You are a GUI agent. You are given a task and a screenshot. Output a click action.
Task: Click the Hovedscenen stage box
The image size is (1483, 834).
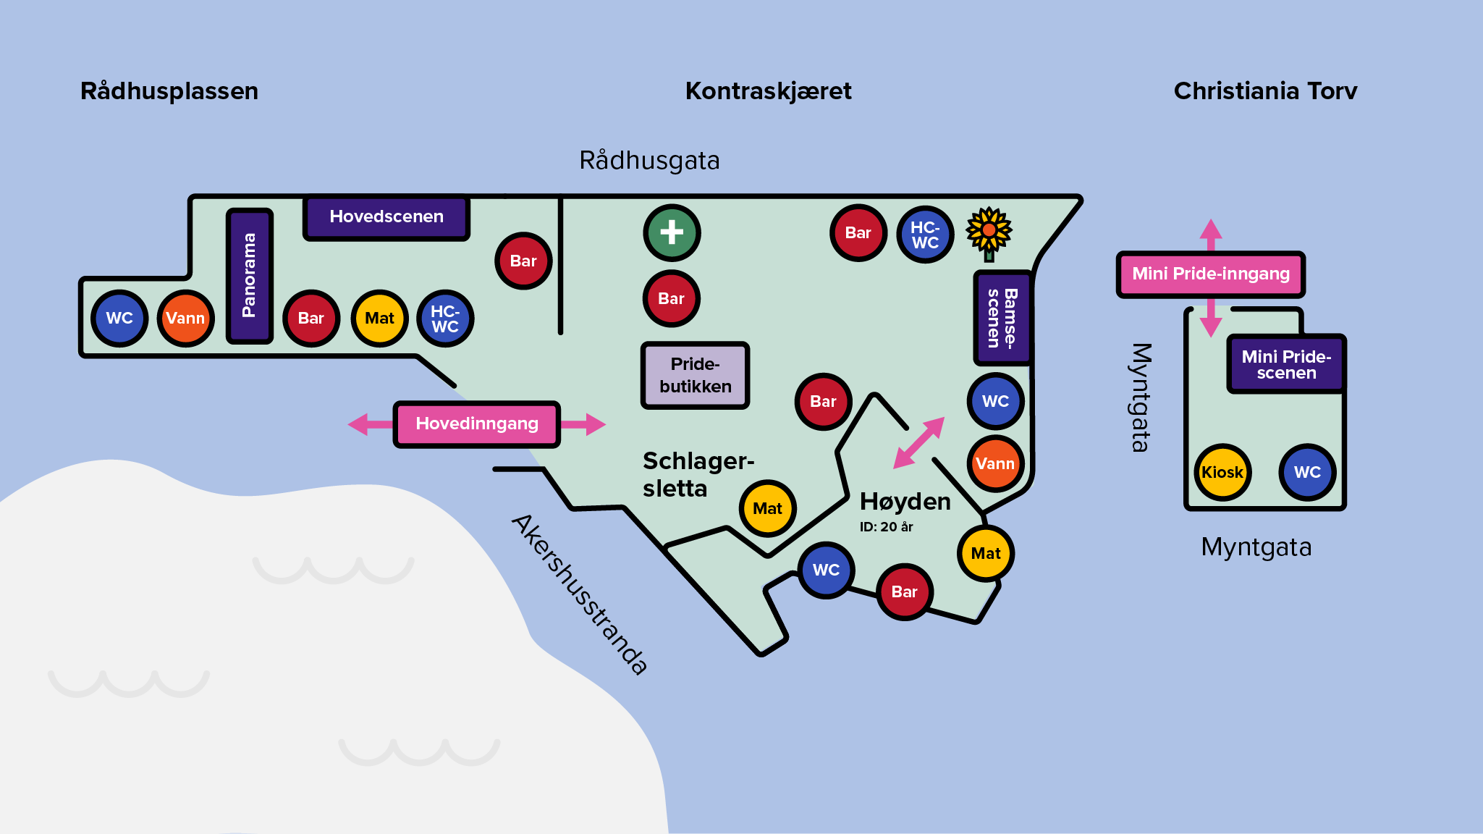(x=386, y=217)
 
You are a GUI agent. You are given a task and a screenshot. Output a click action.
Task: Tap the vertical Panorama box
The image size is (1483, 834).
(x=250, y=275)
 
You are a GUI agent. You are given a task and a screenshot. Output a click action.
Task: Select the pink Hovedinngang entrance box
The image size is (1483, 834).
(x=477, y=424)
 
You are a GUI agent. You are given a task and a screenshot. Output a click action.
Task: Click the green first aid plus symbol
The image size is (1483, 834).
(x=672, y=232)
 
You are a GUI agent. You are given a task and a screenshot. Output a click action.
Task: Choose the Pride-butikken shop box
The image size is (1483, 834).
(x=695, y=375)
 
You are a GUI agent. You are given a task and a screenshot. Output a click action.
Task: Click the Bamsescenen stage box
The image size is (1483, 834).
(x=1002, y=318)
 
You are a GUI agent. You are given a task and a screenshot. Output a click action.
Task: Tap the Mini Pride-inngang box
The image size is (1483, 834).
(x=1211, y=274)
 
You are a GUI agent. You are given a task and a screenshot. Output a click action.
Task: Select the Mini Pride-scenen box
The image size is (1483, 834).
(x=1286, y=364)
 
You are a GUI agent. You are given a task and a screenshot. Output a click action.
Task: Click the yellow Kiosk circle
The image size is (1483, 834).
(x=1222, y=472)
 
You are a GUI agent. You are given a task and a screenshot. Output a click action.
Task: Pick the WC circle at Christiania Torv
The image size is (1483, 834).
(x=1307, y=472)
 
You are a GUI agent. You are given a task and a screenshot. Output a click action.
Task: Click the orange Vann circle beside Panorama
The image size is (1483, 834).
(x=185, y=319)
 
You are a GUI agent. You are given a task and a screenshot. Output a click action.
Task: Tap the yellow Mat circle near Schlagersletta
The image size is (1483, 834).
(x=767, y=508)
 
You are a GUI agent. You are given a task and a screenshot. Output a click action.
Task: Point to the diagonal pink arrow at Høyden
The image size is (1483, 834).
(x=918, y=442)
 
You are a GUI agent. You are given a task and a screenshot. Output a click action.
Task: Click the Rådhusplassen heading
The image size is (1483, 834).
(x=169, y=91)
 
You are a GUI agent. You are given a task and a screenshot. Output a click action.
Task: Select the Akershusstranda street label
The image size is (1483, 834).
(x=580, y=594)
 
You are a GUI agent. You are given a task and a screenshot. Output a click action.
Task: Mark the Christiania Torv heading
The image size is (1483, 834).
(x=1265, y=91)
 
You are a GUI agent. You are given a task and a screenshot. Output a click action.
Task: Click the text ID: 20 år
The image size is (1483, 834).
(x=886, y=527)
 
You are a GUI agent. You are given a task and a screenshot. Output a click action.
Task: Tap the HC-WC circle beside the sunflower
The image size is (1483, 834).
(x=925, y=234)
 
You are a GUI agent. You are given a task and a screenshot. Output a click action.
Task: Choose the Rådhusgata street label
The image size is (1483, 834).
(x=649, y=161)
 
